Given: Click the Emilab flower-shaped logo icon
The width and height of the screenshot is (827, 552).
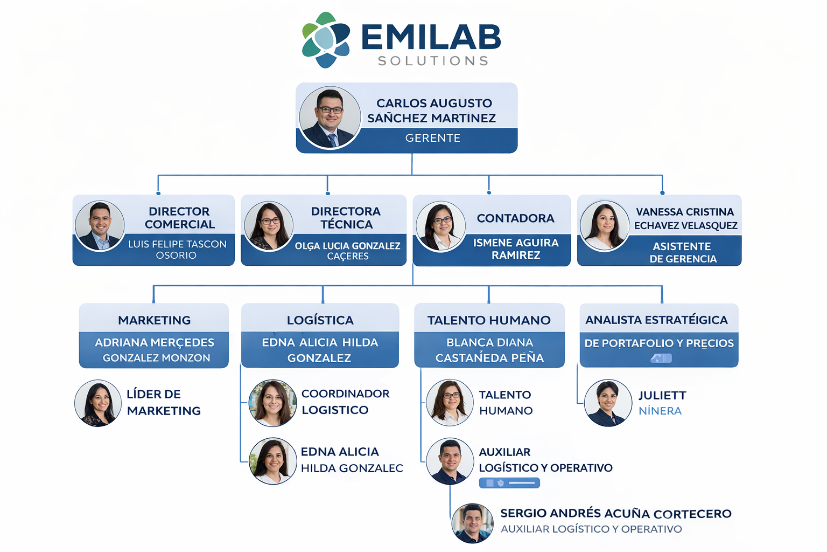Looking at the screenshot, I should click(x=326, y=40).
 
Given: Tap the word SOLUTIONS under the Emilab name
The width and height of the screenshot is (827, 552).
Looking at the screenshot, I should click(x=433, y=61).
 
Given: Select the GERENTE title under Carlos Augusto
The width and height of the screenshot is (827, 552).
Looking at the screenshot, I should click(x=433, y=138).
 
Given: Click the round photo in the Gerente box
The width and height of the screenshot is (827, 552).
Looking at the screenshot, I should click(x=330, y=118).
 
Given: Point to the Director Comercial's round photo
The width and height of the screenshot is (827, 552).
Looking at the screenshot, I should click(x=100, y=226).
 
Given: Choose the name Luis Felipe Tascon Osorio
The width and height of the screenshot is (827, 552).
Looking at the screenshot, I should click(x=177, y=250).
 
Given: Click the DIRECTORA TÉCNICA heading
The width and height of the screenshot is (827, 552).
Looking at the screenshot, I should click(x=346, y=218).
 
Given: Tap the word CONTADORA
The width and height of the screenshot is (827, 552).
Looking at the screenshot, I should click(x=515, y=218).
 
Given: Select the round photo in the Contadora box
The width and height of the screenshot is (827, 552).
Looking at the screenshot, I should click(x=441, y=227).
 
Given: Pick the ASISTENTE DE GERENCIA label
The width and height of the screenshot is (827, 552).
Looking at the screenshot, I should click(x=683, y=252).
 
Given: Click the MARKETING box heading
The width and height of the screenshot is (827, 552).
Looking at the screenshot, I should click(x=155, y=320).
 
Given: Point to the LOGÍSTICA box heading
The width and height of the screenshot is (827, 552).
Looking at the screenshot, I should click(x=320, y=320).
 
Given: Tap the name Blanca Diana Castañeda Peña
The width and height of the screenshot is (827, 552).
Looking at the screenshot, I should click(x=489, y=350).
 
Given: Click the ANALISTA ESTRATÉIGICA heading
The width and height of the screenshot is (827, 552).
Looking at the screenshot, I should click(x=656, y=320).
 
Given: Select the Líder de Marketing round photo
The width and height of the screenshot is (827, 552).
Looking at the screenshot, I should click(x=98, y=403).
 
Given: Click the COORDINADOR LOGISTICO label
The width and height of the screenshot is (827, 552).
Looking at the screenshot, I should click(x=345, y=402).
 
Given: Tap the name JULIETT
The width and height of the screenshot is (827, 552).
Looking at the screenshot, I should click(x=662, y=396).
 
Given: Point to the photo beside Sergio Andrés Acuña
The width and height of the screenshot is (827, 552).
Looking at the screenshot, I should click(x=472, y=523).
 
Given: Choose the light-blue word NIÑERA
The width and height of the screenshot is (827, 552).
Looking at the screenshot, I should click(x=660, y=411).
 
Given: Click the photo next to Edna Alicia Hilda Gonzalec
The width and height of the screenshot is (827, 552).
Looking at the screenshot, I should click(x=273, y=461).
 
